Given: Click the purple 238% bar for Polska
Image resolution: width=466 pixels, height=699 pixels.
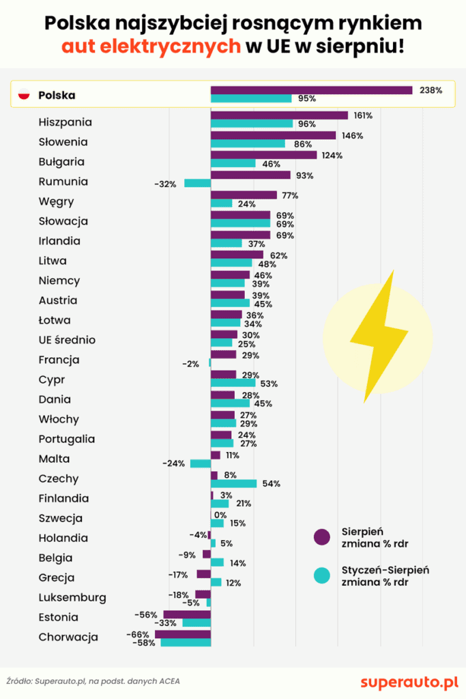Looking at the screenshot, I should (x=311, y=90).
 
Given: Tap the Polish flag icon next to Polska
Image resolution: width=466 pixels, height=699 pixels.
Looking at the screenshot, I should (x=25, y=96).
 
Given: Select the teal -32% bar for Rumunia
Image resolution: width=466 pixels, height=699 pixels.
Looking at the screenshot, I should (x=197, y=183).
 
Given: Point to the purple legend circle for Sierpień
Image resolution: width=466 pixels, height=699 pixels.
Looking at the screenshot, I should (x=321, y=537).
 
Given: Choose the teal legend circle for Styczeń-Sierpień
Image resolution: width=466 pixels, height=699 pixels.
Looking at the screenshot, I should (x=321, y=575).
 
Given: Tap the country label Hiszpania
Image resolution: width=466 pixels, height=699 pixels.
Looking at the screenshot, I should (x=65, y=122).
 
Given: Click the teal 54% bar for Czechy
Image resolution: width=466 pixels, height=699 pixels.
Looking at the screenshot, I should (x=233, y=483).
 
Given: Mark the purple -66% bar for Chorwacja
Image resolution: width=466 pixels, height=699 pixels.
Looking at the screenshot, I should (x=183, y=634).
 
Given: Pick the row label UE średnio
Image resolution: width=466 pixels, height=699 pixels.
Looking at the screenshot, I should (x=67, y=340).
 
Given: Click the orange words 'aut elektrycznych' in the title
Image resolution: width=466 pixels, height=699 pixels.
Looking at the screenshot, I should (x=151, y=46).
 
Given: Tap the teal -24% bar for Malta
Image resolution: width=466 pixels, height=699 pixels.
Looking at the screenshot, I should (x=200, y=463).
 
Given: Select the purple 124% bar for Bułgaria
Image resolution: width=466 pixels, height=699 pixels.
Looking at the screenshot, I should (x=263, y=155).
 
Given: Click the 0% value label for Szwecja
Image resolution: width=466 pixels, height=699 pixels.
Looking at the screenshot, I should (x=220, y=515).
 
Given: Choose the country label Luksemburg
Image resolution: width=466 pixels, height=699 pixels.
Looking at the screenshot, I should (x=72, y=597).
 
